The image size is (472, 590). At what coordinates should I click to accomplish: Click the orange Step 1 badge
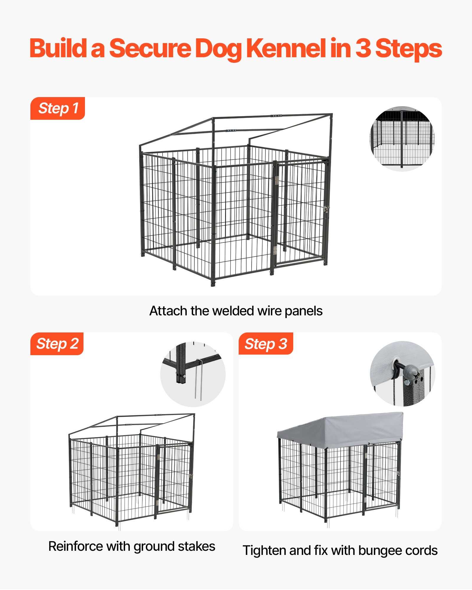(x=58, y=108)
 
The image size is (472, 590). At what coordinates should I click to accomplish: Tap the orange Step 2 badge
(x=57, y=344)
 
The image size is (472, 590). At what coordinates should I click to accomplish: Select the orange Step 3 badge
(x=265, y=344)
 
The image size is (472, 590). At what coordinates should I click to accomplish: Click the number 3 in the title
(x=363, y=49)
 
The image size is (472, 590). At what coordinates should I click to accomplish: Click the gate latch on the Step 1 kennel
(x=326, y=209)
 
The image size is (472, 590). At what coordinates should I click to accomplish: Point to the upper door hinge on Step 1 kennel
(x=277, y=180)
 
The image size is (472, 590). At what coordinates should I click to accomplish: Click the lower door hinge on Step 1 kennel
(x=275, y=250)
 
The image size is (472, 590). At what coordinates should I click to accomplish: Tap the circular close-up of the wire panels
(x=402, y=139)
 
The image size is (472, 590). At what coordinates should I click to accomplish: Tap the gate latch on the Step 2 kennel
(x=191, y=476)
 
